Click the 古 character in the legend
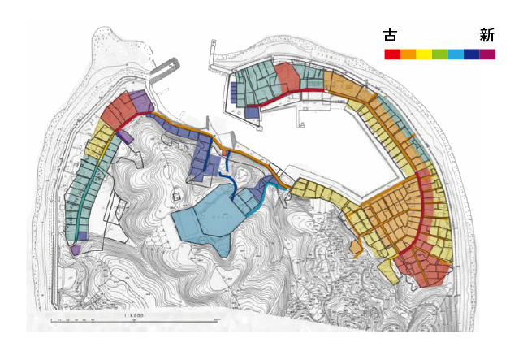click(391, 35)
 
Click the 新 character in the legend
click(487, 35)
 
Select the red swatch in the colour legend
click(392, 54)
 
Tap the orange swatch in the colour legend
click(408, 54)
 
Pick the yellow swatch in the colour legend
click(424, 54)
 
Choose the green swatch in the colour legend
click(439, 54)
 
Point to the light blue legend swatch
click(456, 54)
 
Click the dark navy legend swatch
click(471, 54)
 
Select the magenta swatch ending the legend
click(487, 54)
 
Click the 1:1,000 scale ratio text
click(134, 313)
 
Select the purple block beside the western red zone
click(140, 102)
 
